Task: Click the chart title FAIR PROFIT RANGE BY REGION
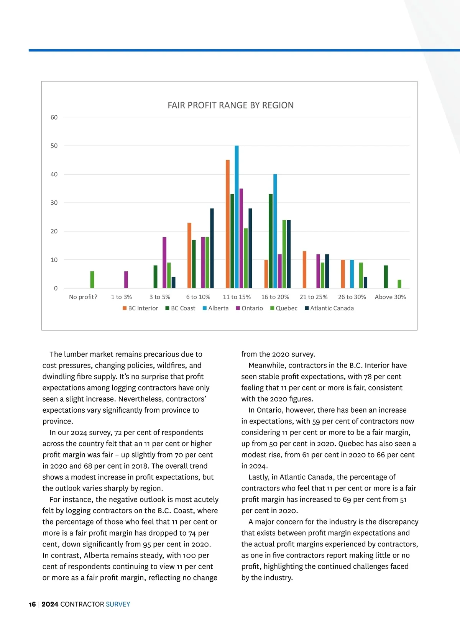(230, 105)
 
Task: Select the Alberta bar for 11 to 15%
(237, 217)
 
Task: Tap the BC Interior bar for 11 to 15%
(228, 224)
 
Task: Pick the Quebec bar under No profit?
(92, 280)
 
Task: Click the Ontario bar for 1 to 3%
(126, 280)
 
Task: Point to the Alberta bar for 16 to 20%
(275, 231)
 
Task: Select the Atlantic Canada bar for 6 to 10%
(212, 248)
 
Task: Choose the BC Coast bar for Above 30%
(386, 277)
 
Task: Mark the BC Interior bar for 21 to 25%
(304, 270)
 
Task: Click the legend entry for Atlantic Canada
(329, 308)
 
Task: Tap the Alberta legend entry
(215, 308)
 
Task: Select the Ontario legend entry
(250, 308)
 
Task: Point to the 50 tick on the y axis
(54, 146)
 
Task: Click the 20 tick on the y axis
(54, 231)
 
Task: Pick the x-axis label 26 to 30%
(352, 297)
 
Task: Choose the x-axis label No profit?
(83, 297)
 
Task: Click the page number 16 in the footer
(32, 604)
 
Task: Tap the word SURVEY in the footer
(118, 604)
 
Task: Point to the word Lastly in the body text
(259, 477)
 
